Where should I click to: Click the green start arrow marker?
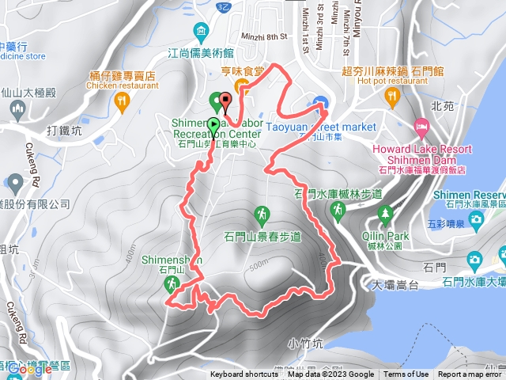213,124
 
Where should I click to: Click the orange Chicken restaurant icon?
121,101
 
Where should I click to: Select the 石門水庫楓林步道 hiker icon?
338,209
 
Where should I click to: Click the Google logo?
30,368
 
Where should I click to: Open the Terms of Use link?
406,374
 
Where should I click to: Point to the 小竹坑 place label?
306,343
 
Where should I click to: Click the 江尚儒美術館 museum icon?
201,32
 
